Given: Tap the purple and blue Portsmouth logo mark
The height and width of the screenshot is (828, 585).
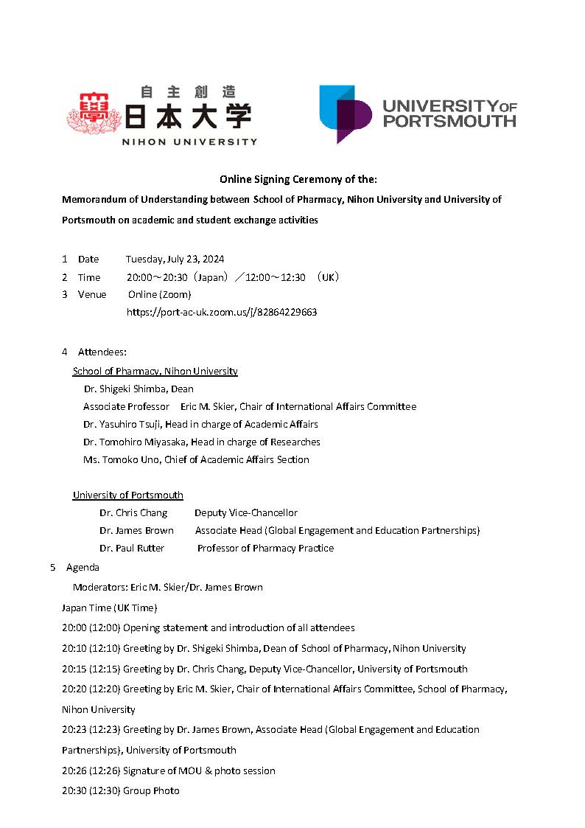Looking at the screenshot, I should (344, 114).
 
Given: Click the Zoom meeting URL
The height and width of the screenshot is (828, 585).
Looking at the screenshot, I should (222, 312).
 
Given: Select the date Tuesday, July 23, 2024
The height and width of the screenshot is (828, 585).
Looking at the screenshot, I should (175, 259).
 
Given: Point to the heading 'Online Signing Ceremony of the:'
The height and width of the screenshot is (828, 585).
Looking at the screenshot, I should (298, 179).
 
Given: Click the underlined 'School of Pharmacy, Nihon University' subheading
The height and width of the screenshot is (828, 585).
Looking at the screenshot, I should (155, 371).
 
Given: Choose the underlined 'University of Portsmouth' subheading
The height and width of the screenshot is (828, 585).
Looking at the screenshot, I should (127, 495).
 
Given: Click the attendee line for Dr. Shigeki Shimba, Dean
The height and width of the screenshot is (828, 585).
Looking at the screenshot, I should (139, 389).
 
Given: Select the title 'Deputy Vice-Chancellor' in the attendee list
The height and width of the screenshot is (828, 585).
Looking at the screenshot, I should (246, 512).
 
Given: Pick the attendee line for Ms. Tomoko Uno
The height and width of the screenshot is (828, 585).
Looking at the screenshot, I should (196, 459).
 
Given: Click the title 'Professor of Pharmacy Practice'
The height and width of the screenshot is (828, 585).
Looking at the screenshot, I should (265, 548).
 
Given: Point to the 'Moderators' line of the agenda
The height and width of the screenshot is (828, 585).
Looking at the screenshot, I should (167, 588).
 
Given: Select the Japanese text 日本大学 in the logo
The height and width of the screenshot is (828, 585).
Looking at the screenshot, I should (188, 116).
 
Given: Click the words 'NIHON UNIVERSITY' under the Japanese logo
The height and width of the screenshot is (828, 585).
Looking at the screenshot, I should (189, 142).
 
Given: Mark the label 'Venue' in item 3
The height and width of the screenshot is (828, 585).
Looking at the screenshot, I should (92, 294).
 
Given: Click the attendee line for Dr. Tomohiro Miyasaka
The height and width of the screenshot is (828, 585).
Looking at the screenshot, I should (202, 442).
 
